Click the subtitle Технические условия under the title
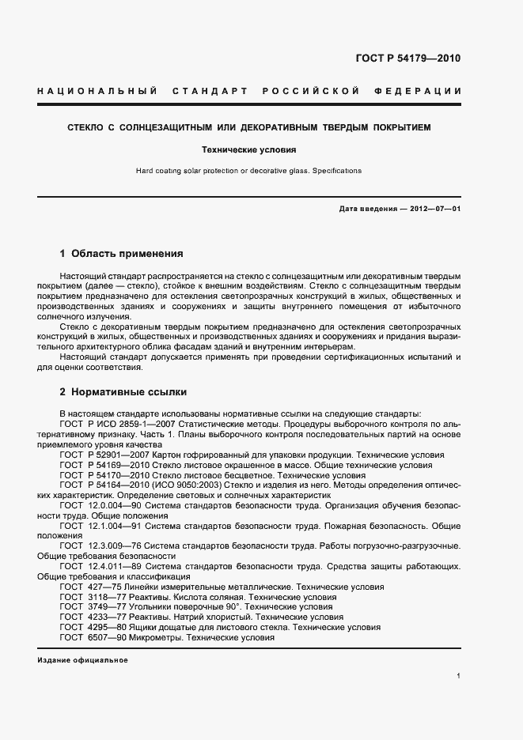click(248, 149)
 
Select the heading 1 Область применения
click(122, 254)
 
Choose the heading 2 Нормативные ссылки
click(123, 391)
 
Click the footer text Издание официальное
click(82, 659)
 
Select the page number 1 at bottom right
click(458, 677)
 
